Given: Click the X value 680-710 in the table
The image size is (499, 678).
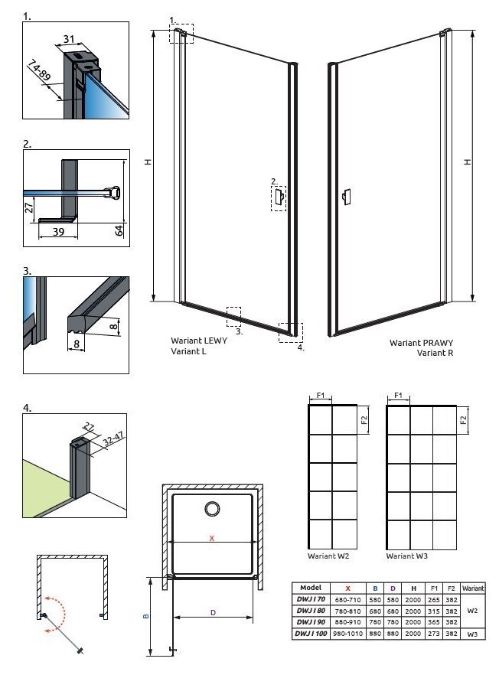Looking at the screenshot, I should coord(347,599).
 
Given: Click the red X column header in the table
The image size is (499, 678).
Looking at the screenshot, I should coord(347,588).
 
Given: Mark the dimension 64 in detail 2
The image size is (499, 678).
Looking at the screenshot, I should coord(119,230).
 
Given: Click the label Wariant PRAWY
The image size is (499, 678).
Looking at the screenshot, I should coord(421,343).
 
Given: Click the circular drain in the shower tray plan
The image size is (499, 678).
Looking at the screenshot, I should coord(211,509).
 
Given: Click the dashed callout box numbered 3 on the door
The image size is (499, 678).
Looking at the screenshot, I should coord(234,316).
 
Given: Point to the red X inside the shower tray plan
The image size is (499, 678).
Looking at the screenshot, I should coord(212,538).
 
